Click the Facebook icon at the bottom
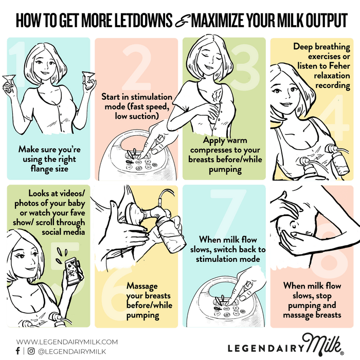(x=18, y=351)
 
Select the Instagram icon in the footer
(x=31, y=351)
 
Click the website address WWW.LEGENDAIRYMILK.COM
(x=67, y=342)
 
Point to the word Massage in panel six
(x=142, y=286)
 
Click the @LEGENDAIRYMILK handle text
(x=72, y=351)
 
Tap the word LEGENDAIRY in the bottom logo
(x=265, y=348)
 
